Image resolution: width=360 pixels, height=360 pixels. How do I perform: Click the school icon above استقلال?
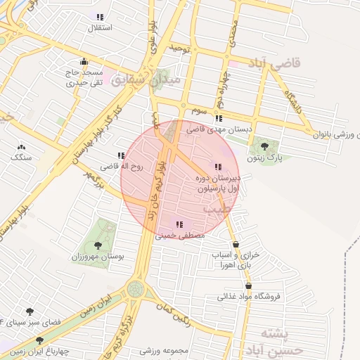100,16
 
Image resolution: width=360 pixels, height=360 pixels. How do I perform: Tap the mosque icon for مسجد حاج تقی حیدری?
84,61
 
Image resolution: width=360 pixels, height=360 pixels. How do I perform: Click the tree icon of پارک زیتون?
264,146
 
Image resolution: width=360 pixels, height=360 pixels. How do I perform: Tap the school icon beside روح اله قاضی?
121,155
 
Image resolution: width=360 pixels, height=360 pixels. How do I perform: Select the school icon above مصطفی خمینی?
180,224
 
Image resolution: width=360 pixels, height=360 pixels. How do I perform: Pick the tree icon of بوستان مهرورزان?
97,245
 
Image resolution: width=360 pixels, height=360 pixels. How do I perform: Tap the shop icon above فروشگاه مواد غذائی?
249,285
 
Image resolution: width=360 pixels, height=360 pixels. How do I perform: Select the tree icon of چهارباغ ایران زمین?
39,340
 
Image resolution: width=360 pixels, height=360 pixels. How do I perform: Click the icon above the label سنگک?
21,147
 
